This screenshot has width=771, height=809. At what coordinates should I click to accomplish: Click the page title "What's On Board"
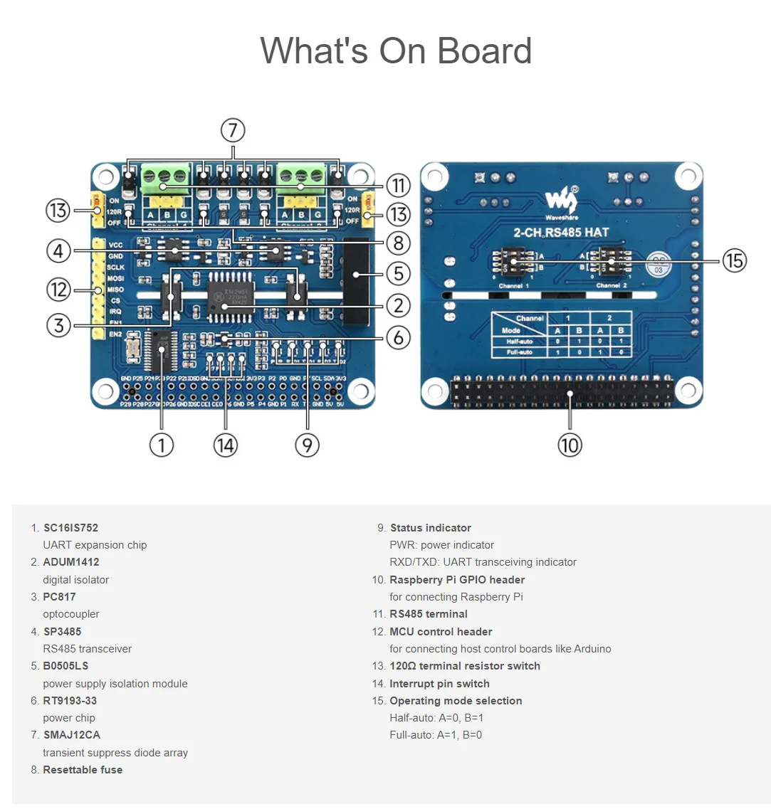[396, 51]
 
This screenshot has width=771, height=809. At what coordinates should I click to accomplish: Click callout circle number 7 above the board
[233, 131]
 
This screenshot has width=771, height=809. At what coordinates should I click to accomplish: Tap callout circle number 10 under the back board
[570, 445]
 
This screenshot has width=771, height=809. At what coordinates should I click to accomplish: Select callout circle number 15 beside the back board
[735, 260]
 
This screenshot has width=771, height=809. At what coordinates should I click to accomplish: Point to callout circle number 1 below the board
[162, 445]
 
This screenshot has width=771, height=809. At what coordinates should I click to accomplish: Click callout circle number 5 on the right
[399, 273]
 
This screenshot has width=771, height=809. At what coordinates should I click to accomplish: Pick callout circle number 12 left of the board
[59, 290]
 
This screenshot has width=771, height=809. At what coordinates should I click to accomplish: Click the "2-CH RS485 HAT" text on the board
[561, 232]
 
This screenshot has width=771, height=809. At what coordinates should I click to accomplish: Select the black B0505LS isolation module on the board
[356, 281]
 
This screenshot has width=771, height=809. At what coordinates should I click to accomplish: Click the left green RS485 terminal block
[165, 175]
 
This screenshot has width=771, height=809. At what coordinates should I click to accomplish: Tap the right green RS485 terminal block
[300, 175]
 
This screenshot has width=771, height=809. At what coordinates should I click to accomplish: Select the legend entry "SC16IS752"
[70, 528]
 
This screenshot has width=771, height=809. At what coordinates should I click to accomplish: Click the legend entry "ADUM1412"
[71, 562]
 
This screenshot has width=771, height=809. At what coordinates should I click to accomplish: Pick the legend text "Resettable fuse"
[83, 770]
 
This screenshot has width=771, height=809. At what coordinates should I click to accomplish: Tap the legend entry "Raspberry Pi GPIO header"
[457, 580]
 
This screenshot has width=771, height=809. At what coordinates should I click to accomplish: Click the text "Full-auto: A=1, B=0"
[436, 735]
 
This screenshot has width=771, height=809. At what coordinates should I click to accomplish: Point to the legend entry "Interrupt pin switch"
[439, 684]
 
